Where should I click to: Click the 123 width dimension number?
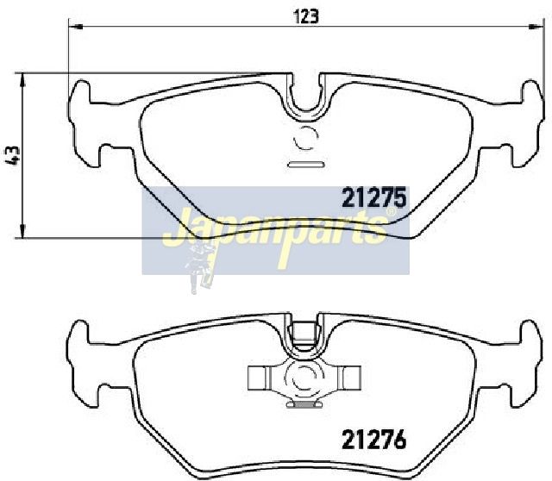coord(307,16)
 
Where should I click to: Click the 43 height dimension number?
coord(13,155)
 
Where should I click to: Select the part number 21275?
coord(374,197)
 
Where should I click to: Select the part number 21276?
coord(374,439)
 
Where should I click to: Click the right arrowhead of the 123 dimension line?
coord(536,27)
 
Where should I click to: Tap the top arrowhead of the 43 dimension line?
coord(22,80)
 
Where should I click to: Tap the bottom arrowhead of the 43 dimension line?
coord(22,231)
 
